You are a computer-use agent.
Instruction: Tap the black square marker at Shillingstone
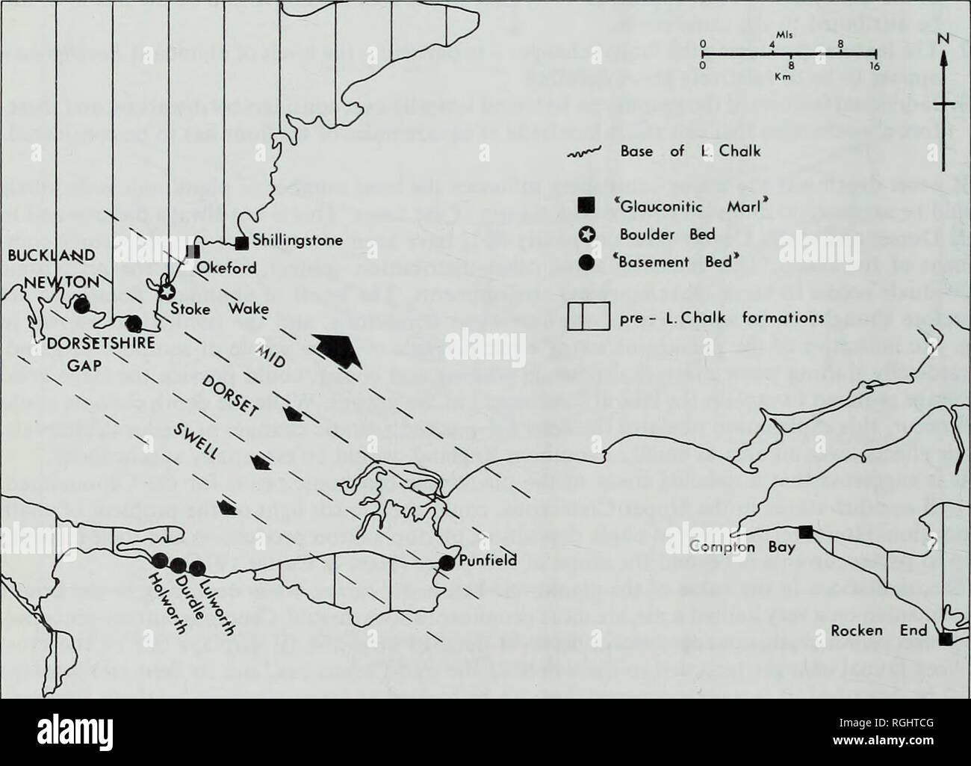[241, 243]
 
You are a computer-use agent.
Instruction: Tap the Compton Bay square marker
[806, 532]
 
